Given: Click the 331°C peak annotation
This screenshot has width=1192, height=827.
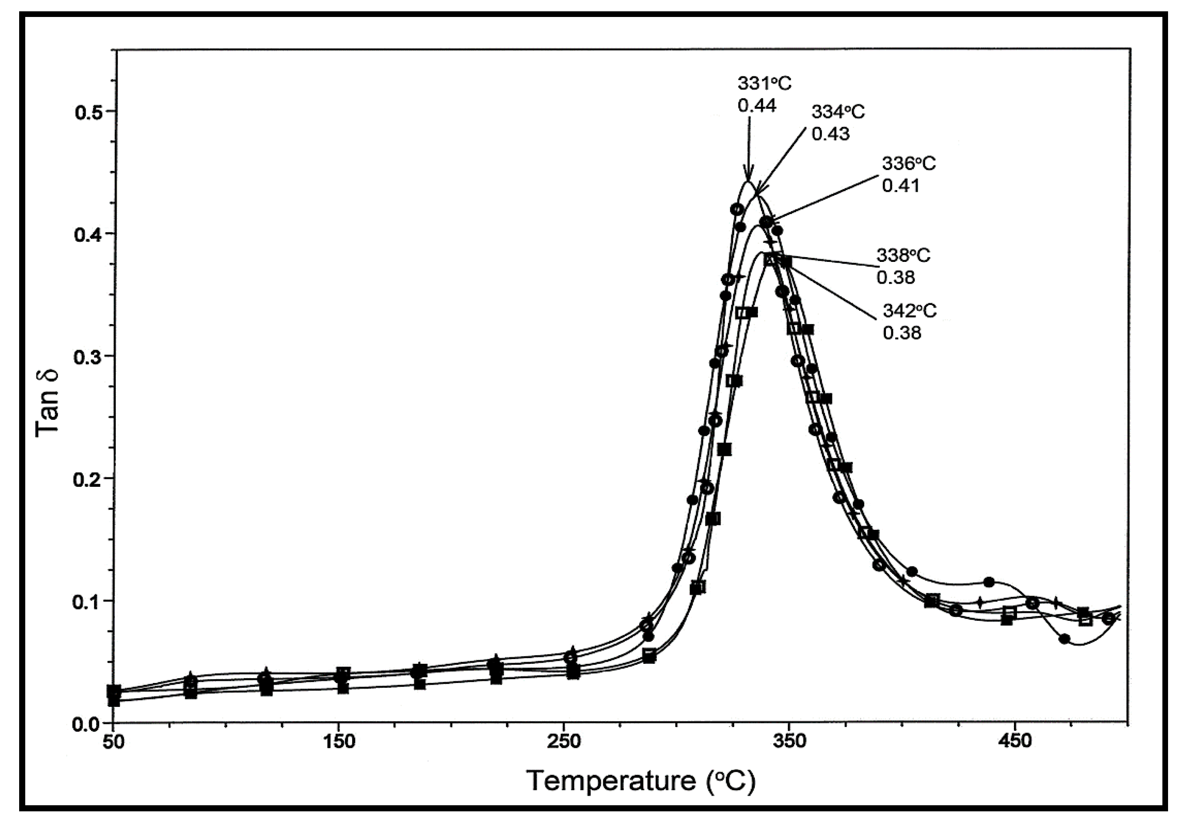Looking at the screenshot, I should pos(764,84).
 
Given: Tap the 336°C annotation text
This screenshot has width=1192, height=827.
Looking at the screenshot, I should pos(909,163).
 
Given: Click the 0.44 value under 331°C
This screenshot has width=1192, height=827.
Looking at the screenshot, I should pos(757,106).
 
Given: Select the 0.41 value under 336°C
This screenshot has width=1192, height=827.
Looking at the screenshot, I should pos(901,185).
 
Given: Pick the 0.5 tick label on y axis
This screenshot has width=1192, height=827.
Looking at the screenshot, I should pos(90,112).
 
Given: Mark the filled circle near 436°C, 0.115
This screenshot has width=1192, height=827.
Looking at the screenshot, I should pos(989,582).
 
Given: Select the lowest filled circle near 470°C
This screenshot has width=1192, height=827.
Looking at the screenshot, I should pos(1064,639).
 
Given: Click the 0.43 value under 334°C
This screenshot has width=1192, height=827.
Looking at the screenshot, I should pos(830,134).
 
